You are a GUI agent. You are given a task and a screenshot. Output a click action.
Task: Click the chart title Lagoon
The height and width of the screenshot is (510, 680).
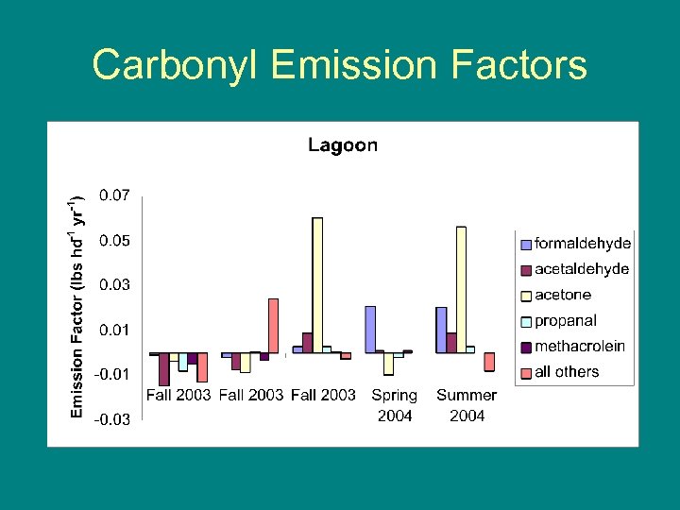pos(343,145)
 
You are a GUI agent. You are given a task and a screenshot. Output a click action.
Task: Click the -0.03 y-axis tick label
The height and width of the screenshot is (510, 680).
pos(111,419)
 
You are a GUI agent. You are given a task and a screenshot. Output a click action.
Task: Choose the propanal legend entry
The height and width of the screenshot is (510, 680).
pos(566,321)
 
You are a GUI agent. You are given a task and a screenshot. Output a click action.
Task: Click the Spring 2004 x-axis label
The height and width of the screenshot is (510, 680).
pos(394,405)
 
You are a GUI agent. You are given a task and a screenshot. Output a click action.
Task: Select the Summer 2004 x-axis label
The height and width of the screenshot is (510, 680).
pos(467,405)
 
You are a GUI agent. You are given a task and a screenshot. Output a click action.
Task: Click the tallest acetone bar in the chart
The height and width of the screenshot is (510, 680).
pos(317,284)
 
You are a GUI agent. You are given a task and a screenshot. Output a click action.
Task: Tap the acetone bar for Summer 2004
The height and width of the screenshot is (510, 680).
pos(461,289)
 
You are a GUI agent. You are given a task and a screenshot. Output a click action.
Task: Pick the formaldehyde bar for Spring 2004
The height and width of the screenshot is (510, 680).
pos(370,329)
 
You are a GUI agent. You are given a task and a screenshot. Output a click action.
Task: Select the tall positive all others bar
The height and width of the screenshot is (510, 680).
pos(273,326)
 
